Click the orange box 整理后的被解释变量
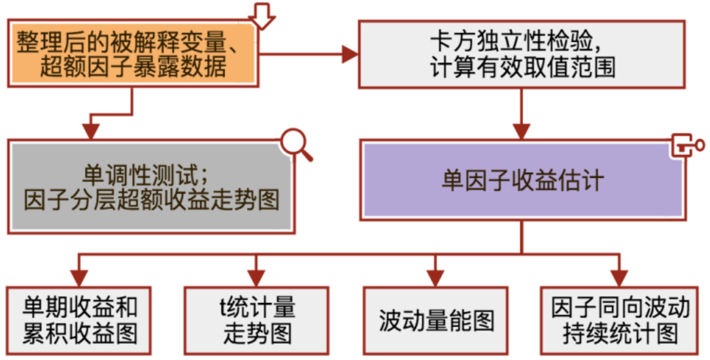[x=132, y=53]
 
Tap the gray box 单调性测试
[x=151, y=186]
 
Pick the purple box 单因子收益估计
[x=522, y=180]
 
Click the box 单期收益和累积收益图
[x=79, y=320]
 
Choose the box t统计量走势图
[x=257, y=320]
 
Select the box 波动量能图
[x=435, y=320]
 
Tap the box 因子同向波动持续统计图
[x=620, y=320]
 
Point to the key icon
[x=686, y=145]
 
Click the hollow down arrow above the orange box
[x=262, y=14]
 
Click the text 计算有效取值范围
[x=522, y=68]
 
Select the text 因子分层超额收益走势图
[x=151, y=201]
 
